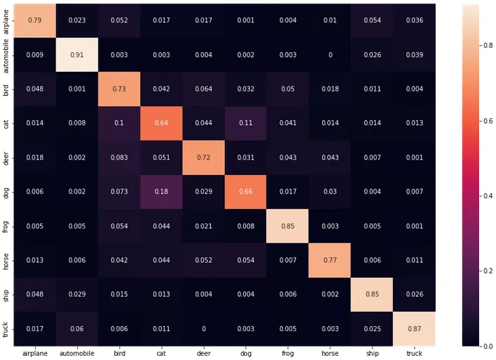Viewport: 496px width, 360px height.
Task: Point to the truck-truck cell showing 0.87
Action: tap(415, 328)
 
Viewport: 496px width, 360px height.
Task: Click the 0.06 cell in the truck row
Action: tap(76, 328)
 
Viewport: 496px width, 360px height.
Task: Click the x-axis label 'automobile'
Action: tap(76, 353)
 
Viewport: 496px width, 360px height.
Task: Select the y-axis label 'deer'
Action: tap(6, 157)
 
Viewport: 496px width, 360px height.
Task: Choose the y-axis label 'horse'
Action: tap(6, 259)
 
